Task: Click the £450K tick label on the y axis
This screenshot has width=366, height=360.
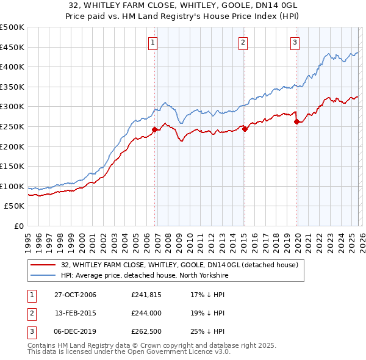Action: pos(12,47)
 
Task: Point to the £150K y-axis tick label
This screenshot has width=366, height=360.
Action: pos(12,167)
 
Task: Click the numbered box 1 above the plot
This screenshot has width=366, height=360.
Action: pos(152,42)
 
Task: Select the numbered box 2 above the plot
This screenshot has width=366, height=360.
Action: pos(243,42)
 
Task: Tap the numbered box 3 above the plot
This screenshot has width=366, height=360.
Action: pos(295,42)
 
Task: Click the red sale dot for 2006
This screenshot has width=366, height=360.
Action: pos(155,129)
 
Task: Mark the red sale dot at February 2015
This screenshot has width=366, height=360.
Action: pos(244,129)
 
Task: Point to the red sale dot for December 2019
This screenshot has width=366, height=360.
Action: pos(297,121)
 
